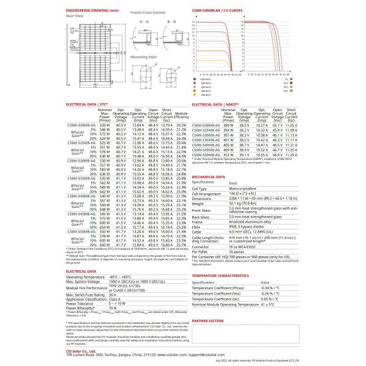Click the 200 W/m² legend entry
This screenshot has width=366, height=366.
(x=204, y=96)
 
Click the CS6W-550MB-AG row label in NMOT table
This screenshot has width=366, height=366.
(x=210, y=156)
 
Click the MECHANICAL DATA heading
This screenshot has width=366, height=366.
(x=209, y=176)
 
